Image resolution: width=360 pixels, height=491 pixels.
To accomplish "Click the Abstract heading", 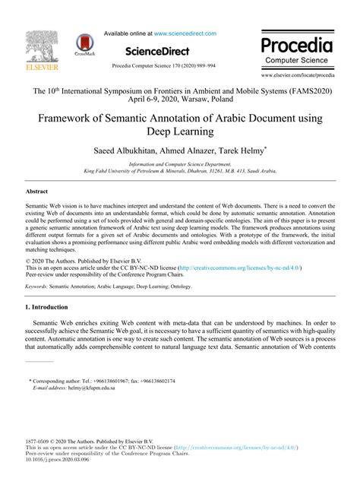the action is click(x=36, y=192).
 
